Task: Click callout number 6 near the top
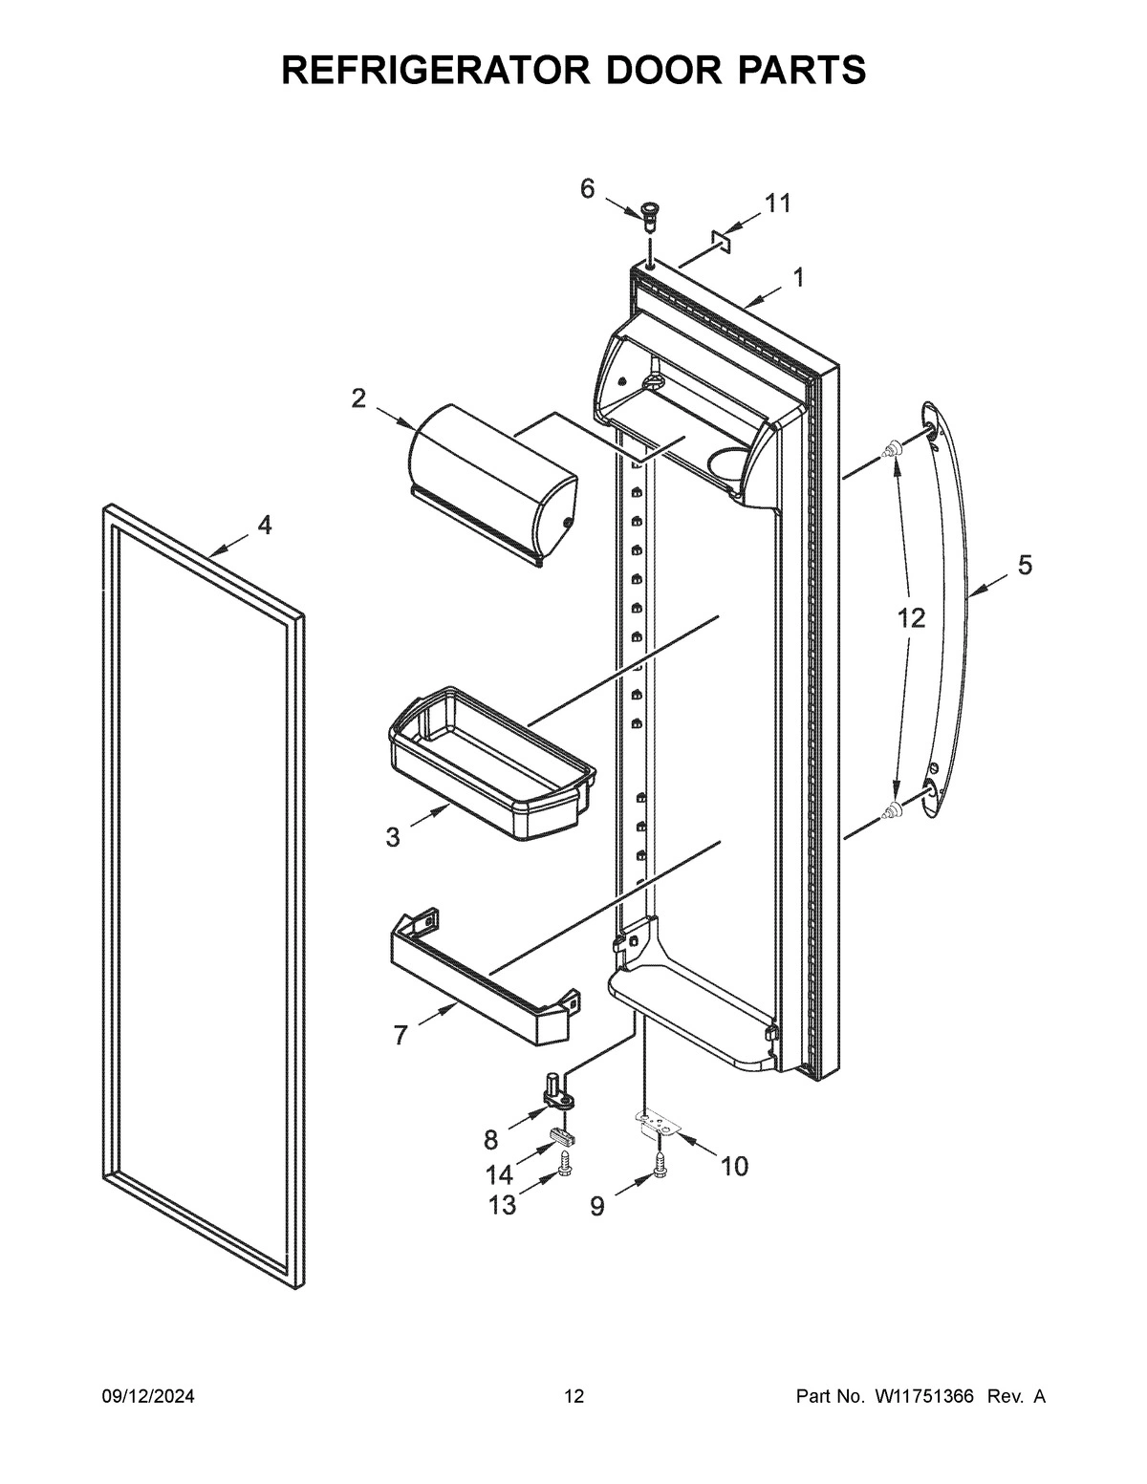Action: point(587,188)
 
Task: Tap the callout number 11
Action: point(777,204)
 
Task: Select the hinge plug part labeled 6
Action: point(651,215)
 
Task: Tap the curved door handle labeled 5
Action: point(956,612)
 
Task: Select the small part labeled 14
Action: point(564,1136)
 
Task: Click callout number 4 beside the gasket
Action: point(264,525)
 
